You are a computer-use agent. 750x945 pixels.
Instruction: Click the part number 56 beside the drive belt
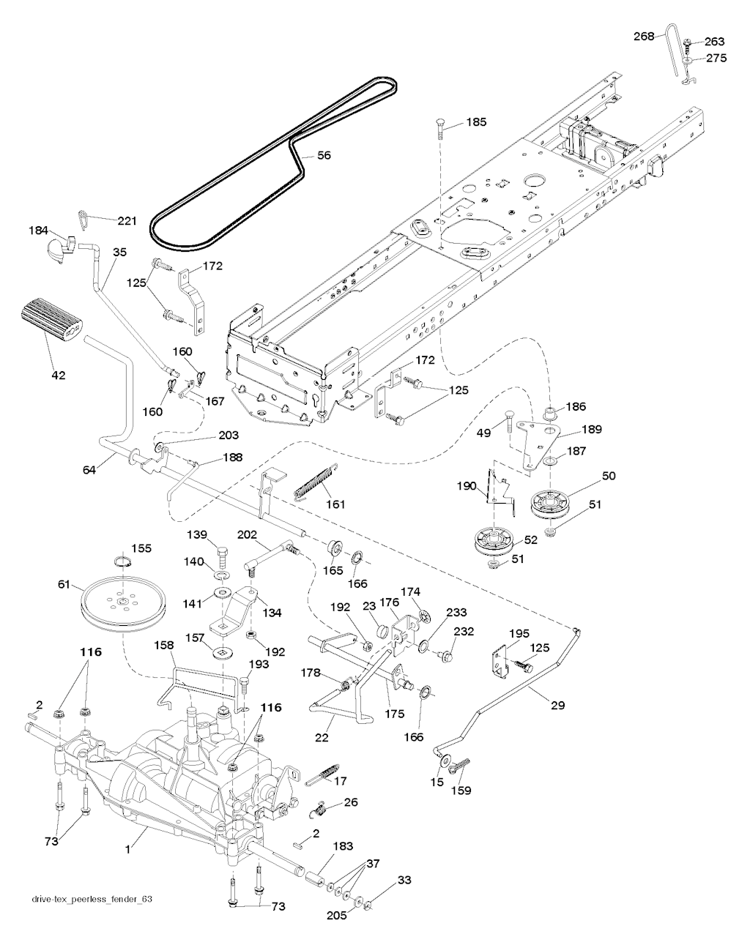[x=324, y=155]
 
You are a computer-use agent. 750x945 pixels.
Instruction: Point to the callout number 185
[x=476, y=122]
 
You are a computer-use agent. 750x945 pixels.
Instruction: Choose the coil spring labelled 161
[x=316, y=481]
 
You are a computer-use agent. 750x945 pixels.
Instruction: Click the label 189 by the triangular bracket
[x=592, y=430]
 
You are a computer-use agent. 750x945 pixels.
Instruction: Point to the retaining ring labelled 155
[x=124, y=562]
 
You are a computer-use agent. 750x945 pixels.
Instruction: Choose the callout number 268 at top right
[x=644, y=37]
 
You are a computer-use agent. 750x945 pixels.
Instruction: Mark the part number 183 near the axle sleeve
[x=343, y=846]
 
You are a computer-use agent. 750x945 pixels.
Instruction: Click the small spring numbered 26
[x=320, y=807]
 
